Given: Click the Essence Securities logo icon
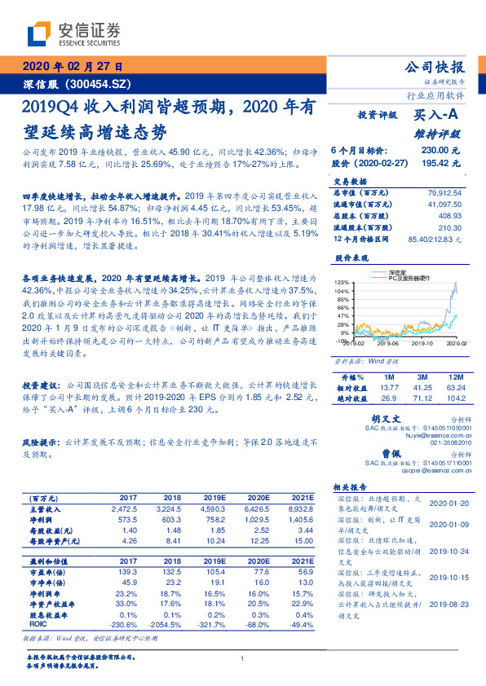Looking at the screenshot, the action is [39, 33].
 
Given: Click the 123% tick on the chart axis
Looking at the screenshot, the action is [342, 281].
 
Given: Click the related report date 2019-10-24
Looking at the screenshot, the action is [447, 550].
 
